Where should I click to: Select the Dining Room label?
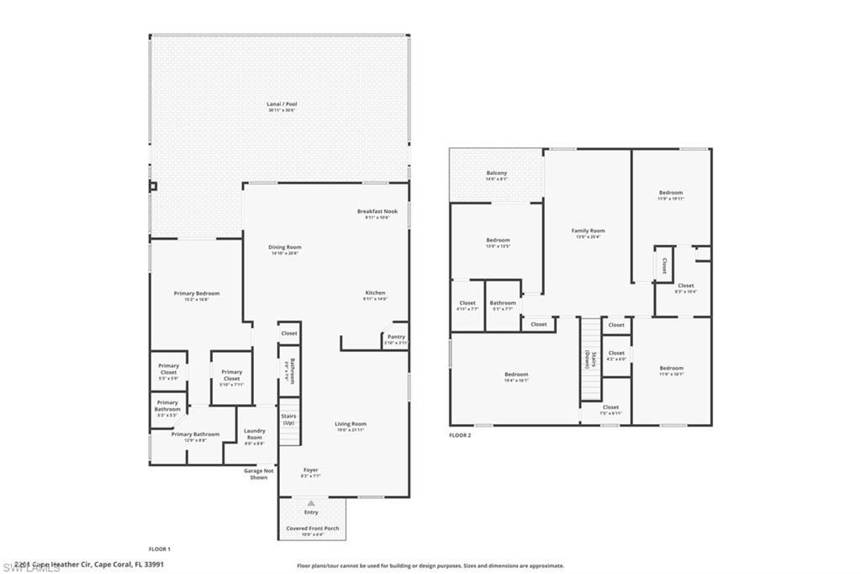coord(285,247)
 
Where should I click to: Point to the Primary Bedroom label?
coord(197,294)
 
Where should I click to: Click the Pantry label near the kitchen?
coord(396,337)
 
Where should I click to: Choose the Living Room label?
coord(351,424)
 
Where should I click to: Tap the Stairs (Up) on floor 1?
coord(288,418)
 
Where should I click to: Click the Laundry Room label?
coord(254,434)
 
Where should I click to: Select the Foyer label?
coord(310,470)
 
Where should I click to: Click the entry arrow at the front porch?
coord(311,502)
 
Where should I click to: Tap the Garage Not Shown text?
coord(258,474)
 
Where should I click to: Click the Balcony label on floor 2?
coord(496,173)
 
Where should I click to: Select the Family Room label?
coord(588,231)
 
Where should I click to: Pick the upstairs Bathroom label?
coord(503,303)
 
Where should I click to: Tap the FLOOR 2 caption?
coord(460,435)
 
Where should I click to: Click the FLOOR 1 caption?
coord(159,549)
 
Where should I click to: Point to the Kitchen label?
coord(374,293)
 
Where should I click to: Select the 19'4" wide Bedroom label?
coord(516,375)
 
